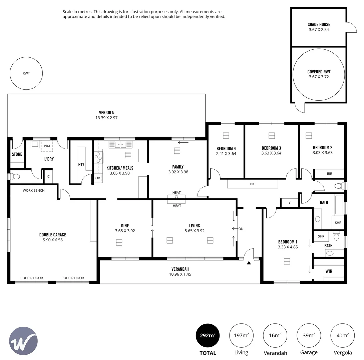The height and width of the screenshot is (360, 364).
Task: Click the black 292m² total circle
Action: pyautogui.click(x=207, y=335)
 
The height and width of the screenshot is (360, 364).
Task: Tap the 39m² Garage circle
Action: pyautogui.click(x=308, y=335)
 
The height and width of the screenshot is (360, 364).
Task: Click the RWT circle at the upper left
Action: pyautogui.click(x=26, y=73)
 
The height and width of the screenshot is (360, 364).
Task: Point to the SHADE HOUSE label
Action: pyautogui.click(x=319, y=24)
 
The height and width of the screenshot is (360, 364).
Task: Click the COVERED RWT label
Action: pyautogui.click(x=319, y=72)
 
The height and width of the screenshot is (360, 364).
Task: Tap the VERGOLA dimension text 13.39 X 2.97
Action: pyautogui.click(x=106, y=118)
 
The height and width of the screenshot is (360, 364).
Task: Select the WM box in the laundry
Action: pyautogui.click(x=47, y=146)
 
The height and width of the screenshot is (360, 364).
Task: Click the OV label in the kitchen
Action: pyautogui.click(x=98, y=178)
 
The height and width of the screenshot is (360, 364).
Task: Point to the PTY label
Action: pyautogui.click(x=81, y=164)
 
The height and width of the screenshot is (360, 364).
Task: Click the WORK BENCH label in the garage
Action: pyautogui.click(x=33, y=190)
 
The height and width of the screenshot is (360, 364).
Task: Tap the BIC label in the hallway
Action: pyautogui.click(x=253, y=184)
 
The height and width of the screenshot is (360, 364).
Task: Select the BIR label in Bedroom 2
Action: pyautogui.click(x=329, y=174)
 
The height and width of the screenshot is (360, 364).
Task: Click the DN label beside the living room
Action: pyautogui.click(x=241, y=229)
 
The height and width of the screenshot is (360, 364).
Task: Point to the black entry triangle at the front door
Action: pyautogui.click(x=249, y=263)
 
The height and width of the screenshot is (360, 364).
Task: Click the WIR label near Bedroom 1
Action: pyautogui.click(x=329, y=271)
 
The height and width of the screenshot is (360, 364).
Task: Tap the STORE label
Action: pyautogui.click(x=17, y=154)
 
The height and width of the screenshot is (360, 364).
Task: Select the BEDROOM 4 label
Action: pyautogui.click(x=226, y=148)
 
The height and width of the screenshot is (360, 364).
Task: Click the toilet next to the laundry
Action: pyautogui.click(x=16, y=177)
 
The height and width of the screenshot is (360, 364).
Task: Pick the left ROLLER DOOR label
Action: pyautogui.click(x=32, y=278)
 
